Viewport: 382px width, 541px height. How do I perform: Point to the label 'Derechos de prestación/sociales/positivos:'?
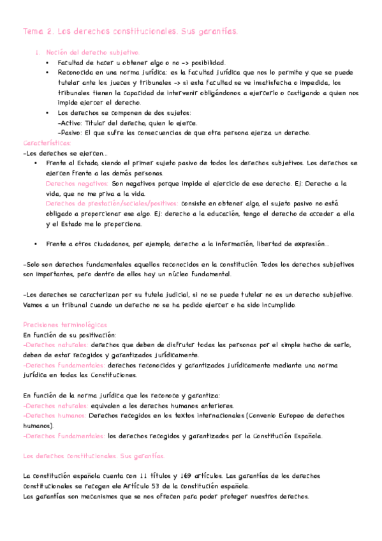point(112,204)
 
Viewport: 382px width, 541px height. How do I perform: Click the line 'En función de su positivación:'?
point(69,334)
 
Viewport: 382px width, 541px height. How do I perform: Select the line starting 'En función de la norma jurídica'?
point(121,396)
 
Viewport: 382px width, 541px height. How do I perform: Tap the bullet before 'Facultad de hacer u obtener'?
point(47,63)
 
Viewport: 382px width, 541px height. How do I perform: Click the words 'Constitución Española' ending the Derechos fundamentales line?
point(288,436)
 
